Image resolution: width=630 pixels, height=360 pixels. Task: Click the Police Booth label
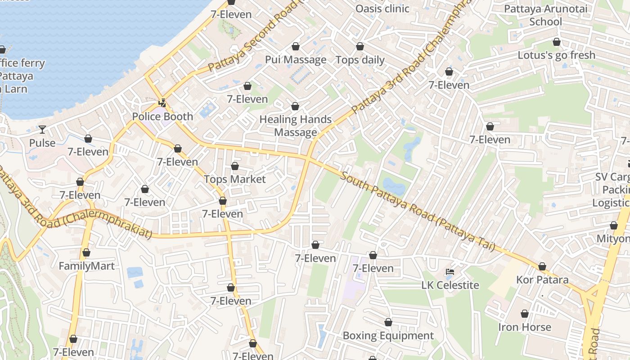point(162,117)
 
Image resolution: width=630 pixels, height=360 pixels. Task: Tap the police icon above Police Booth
point(162,103)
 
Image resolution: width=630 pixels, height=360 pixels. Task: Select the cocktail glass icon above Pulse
point(42,130)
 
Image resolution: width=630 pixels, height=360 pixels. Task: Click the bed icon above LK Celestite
point(450,272)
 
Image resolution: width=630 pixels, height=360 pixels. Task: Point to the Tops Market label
point(234,179)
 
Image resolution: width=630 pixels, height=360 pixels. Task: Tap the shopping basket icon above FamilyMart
point(86,252)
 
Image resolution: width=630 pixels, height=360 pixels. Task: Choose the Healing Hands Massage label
point(296,126)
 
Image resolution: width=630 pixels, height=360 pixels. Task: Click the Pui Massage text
point(296,60)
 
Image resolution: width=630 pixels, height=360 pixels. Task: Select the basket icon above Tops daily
point(360,46)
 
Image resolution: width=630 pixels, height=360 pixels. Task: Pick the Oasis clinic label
point(382,9)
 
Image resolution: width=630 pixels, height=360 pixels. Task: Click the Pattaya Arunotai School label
point(545,15)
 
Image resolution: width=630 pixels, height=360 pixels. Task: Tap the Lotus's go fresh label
point(556,55)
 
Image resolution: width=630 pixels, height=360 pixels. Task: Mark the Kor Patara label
point(542,280)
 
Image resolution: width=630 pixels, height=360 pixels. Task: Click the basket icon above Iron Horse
point(524,314)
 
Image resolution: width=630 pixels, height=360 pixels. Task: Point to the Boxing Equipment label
point(388,336)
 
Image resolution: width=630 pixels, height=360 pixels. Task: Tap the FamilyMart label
point(87,266)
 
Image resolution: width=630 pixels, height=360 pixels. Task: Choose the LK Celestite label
point(450,285)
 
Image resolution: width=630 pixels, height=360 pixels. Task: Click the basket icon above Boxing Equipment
point(388,322)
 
